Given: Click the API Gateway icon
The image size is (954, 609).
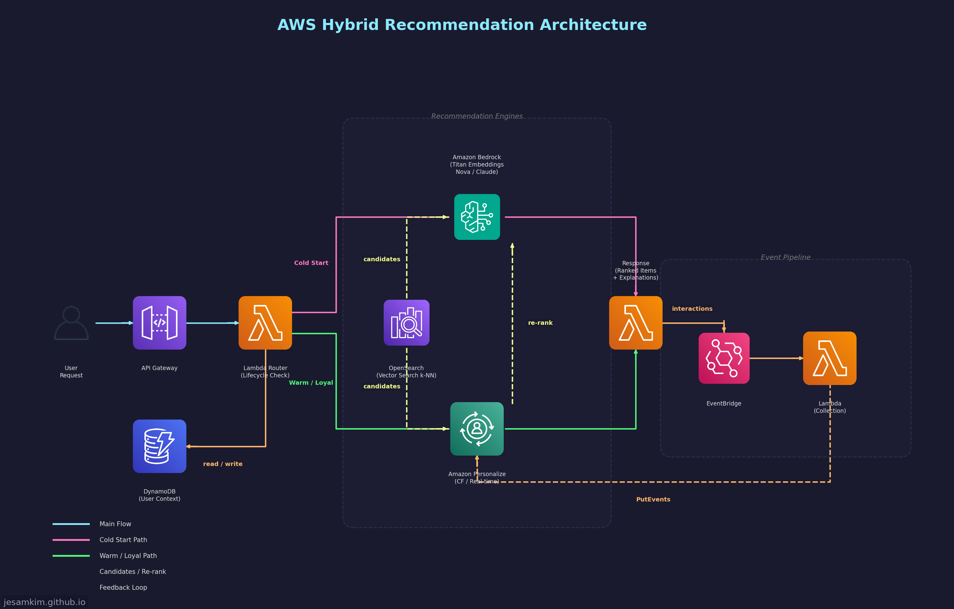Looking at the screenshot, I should pos(159,322).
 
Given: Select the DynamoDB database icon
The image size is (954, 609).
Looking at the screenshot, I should pos(159,446).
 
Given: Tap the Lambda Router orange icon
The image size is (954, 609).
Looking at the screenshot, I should pos(265,322).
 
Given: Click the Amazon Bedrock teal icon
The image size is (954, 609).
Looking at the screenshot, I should pos(477,217).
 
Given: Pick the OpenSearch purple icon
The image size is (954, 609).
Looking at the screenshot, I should pos(406,322).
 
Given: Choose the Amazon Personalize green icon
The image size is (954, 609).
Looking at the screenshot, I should pos(477,429).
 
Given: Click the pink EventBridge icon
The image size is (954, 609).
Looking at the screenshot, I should pos(723,358).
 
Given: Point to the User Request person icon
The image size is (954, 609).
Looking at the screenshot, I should pos(71,322).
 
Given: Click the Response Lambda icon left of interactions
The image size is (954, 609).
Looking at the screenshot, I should pos(635,322).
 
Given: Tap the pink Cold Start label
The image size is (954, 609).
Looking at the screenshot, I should pos(311,263).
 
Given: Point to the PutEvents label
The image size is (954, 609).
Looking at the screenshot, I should pos(653,499).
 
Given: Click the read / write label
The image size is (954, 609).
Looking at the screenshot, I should pos(223,464).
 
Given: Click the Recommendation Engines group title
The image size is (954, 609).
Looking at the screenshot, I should pos(477,116).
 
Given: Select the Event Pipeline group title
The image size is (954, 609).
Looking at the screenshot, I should pos(785,257).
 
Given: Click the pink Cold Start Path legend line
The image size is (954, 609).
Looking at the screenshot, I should pos(71,540).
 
